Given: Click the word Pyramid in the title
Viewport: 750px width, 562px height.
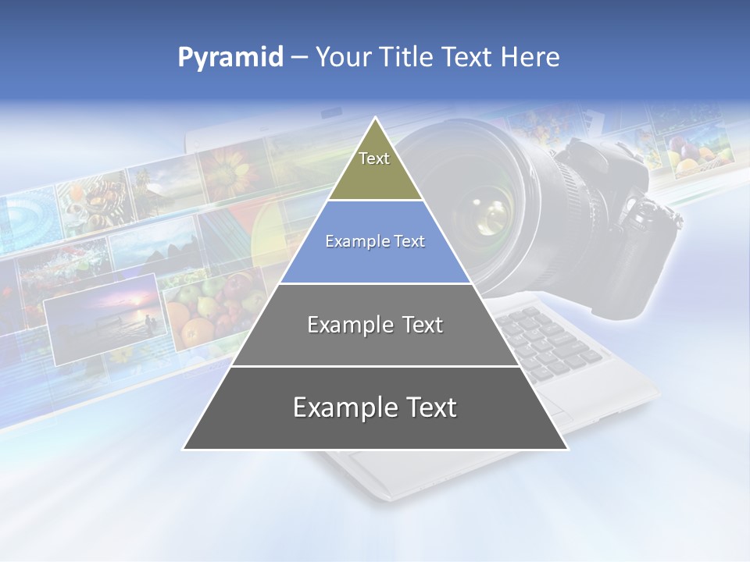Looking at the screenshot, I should pos(230,58).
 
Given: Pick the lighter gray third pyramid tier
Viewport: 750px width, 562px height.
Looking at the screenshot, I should pos(375,336).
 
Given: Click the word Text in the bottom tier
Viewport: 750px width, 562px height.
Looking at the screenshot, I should pos(426,407).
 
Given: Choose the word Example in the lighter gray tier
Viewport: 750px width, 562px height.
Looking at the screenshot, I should pos(341,325).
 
